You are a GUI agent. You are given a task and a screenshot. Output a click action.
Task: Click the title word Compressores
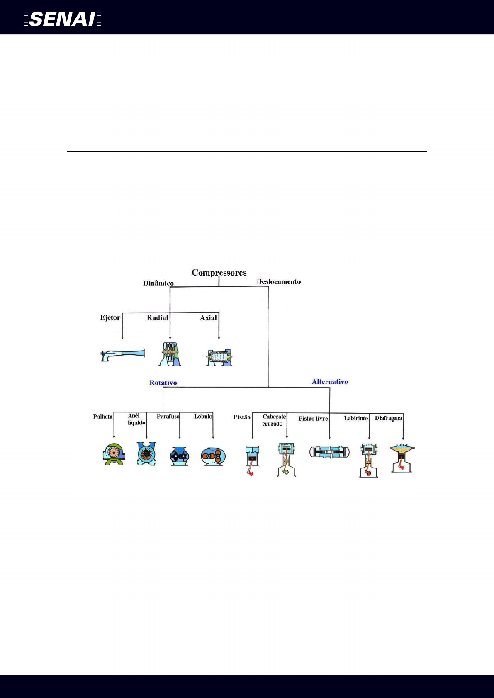(x=219, y=273)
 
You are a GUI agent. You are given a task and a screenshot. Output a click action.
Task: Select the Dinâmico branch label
(x=158, y=284)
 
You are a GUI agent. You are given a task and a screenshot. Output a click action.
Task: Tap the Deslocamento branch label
(x=278, y=282)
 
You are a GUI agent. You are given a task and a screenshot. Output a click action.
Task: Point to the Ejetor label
(x=110, y=317)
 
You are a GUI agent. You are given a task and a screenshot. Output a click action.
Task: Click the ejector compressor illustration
(x=123, y=355)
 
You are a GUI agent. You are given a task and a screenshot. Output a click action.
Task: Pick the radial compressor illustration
(x=170, y=354)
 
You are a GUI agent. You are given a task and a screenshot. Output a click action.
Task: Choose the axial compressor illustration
(x=219, y=357)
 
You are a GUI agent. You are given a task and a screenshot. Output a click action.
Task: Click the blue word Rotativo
(x=163, y=383)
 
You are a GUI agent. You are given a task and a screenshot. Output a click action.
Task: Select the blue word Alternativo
(x=330, y=382)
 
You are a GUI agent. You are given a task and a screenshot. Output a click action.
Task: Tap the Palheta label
(x=103, y=417)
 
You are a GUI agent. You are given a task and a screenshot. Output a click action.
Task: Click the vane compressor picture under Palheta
(x=114, y=454)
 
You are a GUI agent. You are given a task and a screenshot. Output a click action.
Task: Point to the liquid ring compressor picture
(x=146, y=453)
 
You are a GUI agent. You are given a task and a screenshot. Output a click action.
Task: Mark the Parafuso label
(x=168, y=417)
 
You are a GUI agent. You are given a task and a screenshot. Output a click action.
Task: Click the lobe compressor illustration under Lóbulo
(x=213, y=456)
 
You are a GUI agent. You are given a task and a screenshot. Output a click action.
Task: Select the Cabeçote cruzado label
(x=274, y=420)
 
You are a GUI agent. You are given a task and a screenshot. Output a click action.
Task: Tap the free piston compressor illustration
(x=329, y=452)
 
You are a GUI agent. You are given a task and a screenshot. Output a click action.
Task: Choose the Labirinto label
(x=356, y=419)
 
